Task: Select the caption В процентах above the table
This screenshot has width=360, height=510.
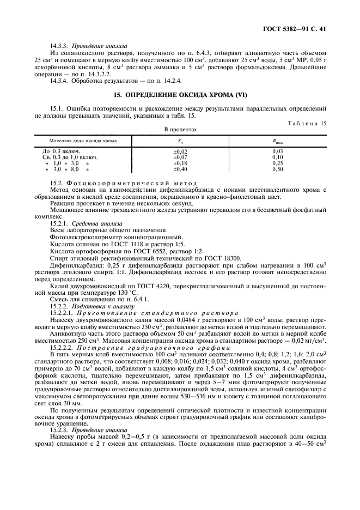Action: pyautogui.click(x=180, y=130)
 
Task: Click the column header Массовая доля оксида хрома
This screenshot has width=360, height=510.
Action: pyautogui.click(x=83, y=140)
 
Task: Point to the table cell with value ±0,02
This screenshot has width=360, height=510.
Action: pyautogui.click(x=180, y=151)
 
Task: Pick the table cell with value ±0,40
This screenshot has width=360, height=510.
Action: pyautogui.click(x=180, y=169)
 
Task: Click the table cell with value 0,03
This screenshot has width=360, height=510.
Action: pyautogui.click(x=277, y=151)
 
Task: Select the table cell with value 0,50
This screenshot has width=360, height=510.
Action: pyautogui.click(x=277, y=169)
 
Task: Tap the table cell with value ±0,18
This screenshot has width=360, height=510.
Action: pyautogui.click(x=180, y=163)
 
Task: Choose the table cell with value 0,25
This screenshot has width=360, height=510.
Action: pyautogui.click(x=277, y=163)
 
